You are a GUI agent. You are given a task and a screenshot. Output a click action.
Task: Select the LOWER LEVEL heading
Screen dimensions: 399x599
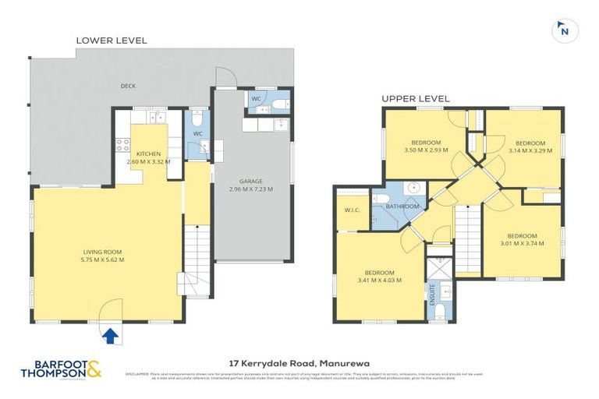tap(111, 40)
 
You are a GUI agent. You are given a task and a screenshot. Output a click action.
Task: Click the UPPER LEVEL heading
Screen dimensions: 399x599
tap(415, 98)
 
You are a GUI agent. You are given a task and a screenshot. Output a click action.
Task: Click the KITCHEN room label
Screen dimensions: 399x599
tap(148, 154)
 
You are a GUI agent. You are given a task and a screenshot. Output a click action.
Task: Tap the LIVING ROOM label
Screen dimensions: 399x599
tap(104, 252)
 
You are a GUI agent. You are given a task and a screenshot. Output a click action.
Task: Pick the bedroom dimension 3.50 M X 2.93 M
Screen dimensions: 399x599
tap(427, 150)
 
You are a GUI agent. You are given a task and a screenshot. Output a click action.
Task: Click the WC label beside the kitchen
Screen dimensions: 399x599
tap(199, 133)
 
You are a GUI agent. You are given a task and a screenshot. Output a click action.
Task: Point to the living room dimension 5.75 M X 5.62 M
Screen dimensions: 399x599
tap(104, 260)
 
